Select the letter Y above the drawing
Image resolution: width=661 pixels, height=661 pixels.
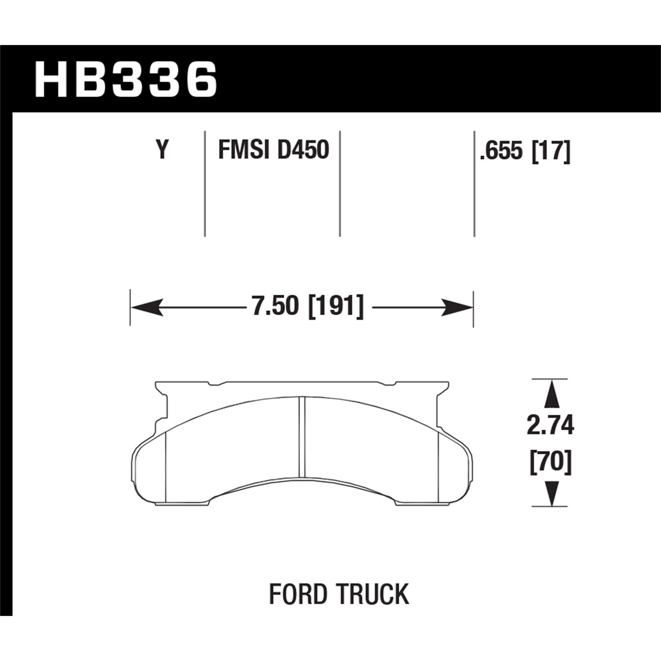tap(163, 150)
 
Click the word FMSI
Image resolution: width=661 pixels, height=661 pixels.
tap(244, 150)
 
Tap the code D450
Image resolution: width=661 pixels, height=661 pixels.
tap(303, 150)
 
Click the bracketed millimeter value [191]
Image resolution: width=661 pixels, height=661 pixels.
tap(336, 306)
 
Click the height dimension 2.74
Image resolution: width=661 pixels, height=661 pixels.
tap(550, 426)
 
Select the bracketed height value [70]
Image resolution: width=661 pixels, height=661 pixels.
tap(550, 462)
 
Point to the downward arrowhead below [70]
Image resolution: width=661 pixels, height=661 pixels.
tap(550, 493)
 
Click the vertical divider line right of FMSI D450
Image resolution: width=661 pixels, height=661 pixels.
tap(340, 183)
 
